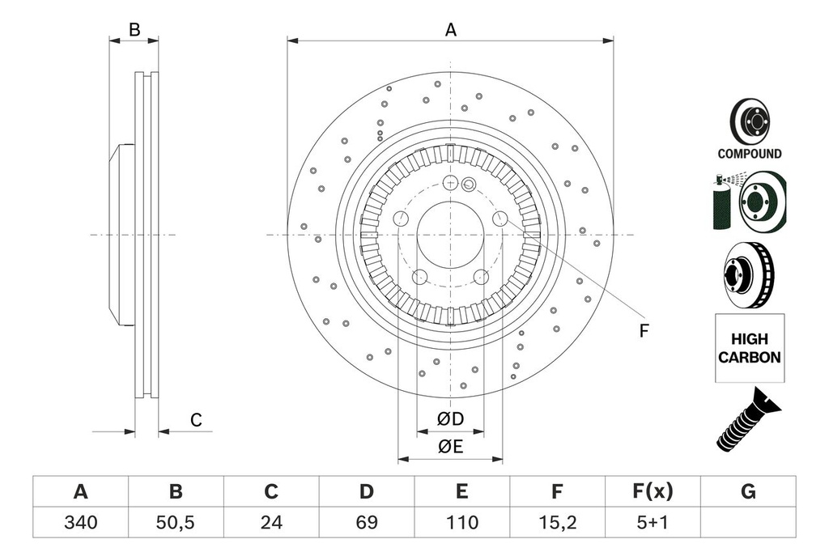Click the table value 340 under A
click(80, 523)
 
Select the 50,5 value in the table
click(176, 523)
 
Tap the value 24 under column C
click(271, 523)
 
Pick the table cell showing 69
click(366, 523)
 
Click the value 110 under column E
click(461, 523)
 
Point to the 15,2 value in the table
click(557, 523)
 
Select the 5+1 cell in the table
click(652, 523)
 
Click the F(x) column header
click(652, 491)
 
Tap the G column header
click(748, 491)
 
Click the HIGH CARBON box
click(750, 348)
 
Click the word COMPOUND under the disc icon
click(750, 154)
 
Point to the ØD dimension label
click(450, 419)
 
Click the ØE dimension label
click(450, 448)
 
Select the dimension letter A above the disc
click(451, 31)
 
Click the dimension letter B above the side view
click(134, 30)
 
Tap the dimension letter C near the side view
click(196, 420)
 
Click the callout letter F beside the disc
click(644, 331)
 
